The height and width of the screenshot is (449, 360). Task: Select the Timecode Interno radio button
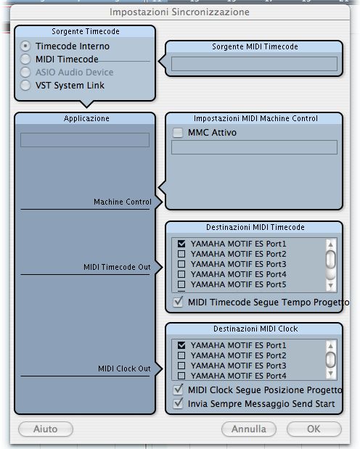pos(25,46)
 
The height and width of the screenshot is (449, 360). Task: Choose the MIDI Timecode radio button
pos(25,59)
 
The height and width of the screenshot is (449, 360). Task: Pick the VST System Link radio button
pos(25,85)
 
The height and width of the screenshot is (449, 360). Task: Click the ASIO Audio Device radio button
pos(25,72)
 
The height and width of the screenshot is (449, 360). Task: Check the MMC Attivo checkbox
pos(178,133)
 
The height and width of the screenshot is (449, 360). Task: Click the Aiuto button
pos(46,429)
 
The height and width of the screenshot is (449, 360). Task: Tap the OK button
pos(314,429)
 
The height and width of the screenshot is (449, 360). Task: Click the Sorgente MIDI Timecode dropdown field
pos(254,64)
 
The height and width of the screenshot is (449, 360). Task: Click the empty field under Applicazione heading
pos(85,140)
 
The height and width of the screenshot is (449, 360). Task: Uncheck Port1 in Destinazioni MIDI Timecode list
pos(181,244)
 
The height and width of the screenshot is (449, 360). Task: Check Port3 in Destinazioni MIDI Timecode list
pos(181,264)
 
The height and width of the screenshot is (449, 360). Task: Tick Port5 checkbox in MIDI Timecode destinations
pos(181,284)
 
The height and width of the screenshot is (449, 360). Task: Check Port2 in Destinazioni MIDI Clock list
pos(181,355)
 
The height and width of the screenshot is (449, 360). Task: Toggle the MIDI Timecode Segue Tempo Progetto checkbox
pos(178,302)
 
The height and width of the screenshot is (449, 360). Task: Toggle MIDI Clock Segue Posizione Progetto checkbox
pos(178,390)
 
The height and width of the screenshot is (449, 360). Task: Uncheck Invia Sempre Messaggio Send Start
pos(178,403)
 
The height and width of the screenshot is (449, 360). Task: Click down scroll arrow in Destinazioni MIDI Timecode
pos(331,286)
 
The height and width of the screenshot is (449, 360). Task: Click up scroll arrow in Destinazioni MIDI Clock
pos(331,346)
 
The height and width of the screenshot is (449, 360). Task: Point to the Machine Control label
pos(123,202)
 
